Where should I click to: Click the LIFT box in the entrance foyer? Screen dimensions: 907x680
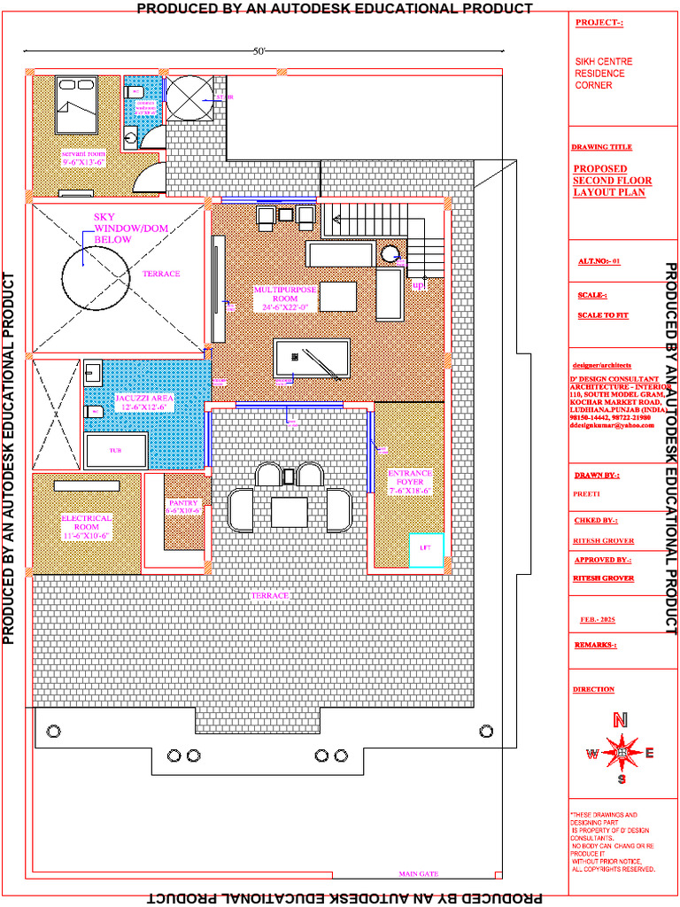(x=425, y=549)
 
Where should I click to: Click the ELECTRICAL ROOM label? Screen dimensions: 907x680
(x=86, y=526)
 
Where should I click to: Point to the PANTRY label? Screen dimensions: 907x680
(x=184, y=506)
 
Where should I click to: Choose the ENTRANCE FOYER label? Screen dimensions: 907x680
(x=410, y=482)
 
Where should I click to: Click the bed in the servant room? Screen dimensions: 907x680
(x=76, y=105)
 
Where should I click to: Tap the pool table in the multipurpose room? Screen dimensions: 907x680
(x=312, y=360)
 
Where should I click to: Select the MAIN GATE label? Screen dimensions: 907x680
(x=418, y=874)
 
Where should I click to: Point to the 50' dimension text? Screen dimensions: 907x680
(x=259, y=52)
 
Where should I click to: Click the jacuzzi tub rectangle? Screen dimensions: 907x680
(x=115, y=451)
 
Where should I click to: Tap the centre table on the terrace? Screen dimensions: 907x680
(x=289, y=511)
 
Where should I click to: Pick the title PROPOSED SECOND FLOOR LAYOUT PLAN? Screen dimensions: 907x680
(x=611, y=181)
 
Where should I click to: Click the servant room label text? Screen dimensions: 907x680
(x=84, y=158)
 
